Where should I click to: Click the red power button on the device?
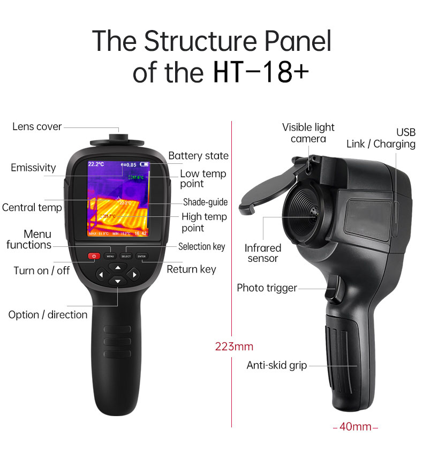tap(94, 257)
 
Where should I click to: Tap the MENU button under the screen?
tap(110, 257)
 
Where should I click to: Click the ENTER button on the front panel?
tap(141, 257)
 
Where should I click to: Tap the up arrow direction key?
tap(117, 267)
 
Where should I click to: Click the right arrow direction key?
tap(134, 275)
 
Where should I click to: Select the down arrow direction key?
tap(117, 282)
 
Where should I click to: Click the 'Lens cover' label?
tap(37, 127)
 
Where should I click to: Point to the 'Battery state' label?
tap(198, 156)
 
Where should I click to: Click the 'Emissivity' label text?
tap(33, 168)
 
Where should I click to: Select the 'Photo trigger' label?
tap(267, 288)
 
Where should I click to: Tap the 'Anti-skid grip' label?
tap(276, 365)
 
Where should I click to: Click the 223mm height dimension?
tap(234, 347)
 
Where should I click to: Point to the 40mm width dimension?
tap(356, 427)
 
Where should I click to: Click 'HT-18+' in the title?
tap(261, 73)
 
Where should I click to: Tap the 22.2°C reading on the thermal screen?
tap(96, 164)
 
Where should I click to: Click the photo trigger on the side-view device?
tap(335, 288)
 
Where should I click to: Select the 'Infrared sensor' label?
tap(262, 253)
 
